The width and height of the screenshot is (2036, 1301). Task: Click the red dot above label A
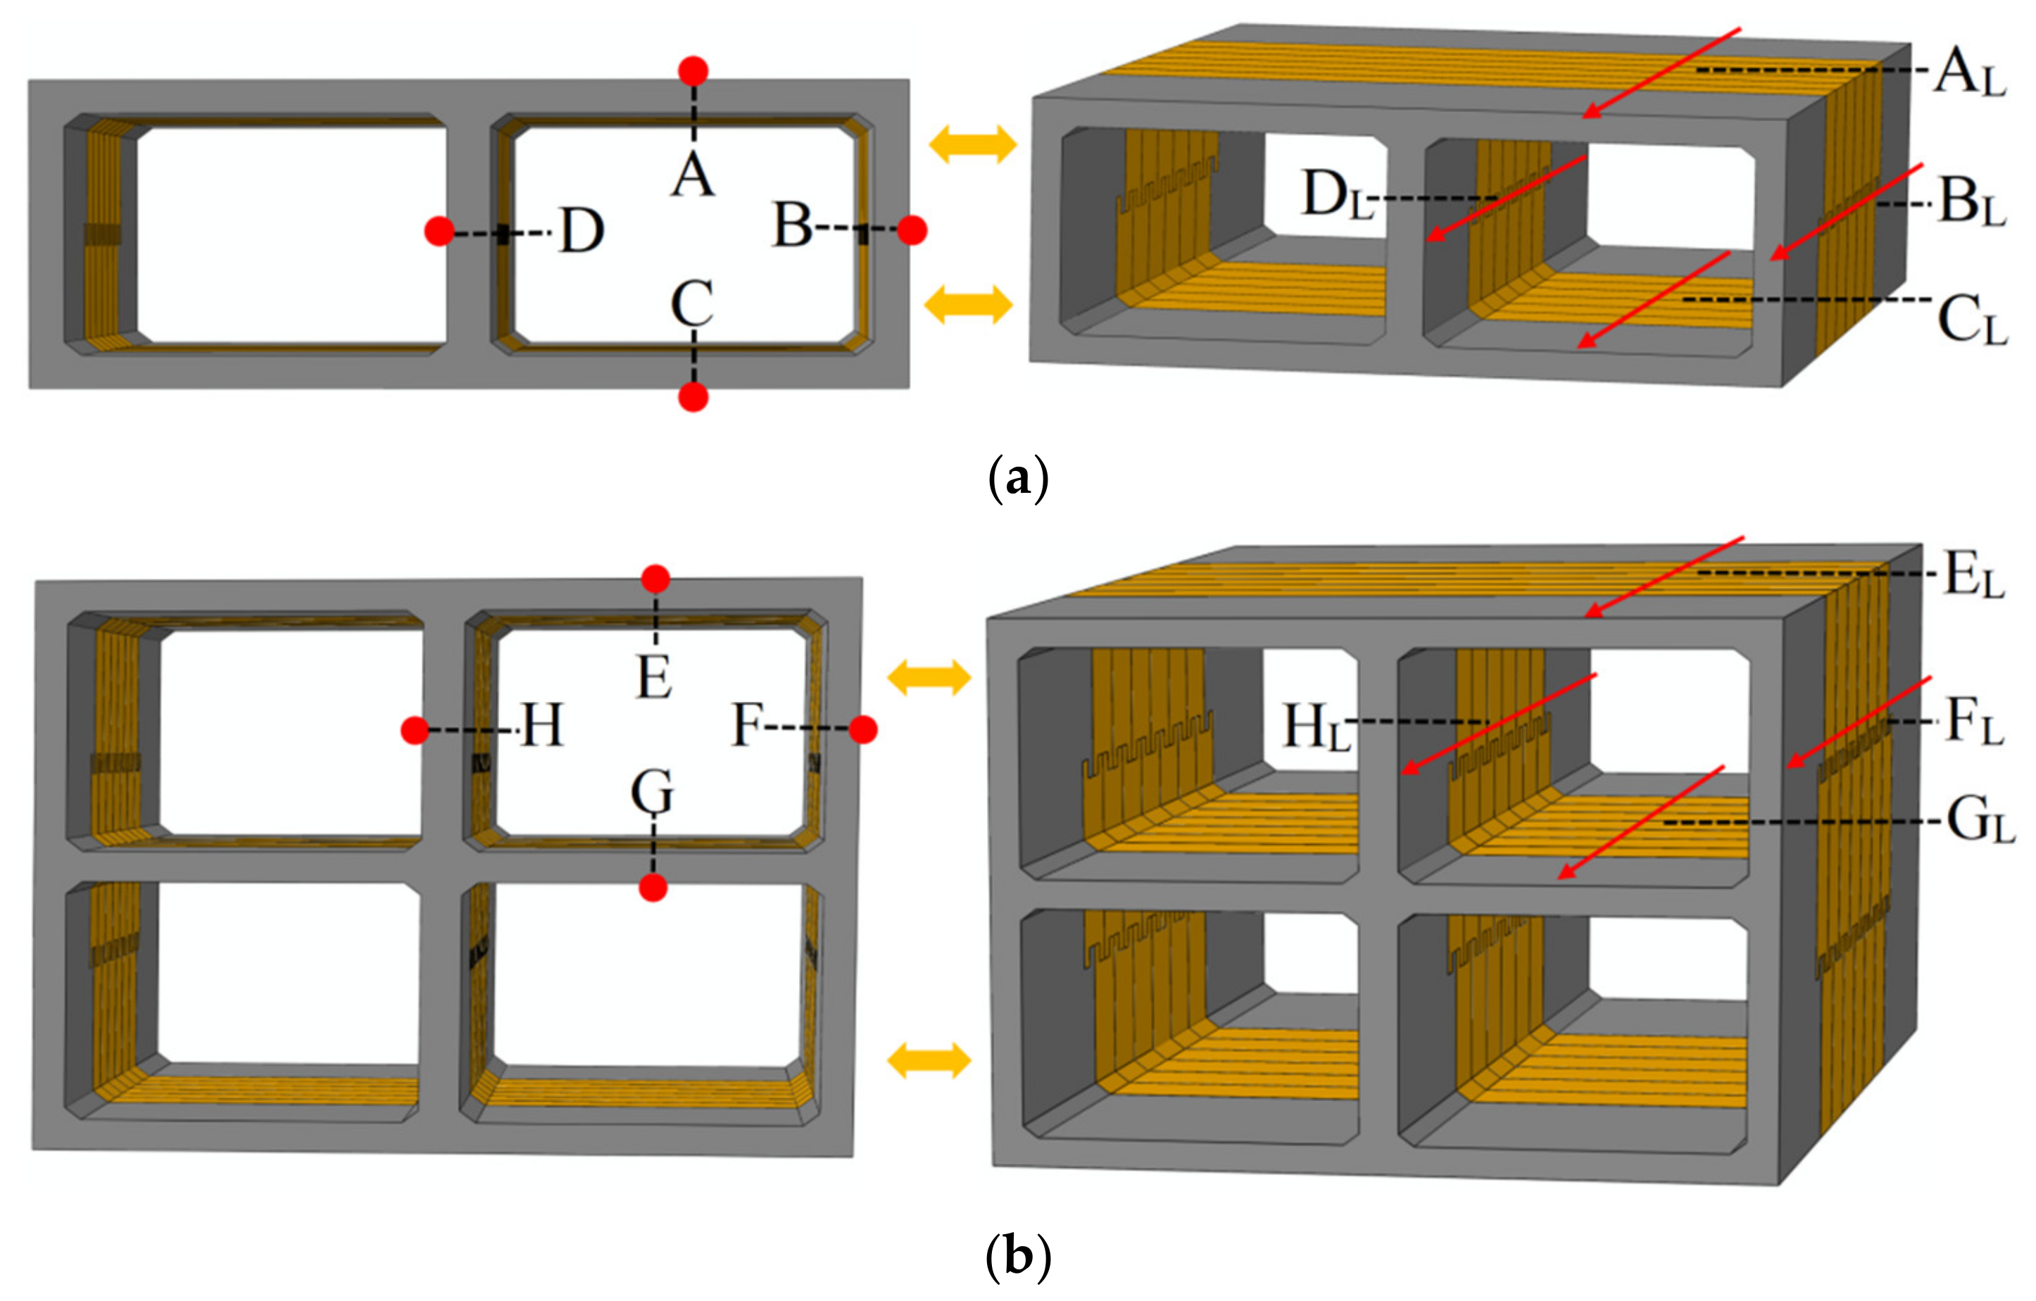pos(693,72)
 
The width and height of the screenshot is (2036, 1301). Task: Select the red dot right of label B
pos(912,230)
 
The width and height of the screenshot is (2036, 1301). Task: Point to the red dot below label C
pos(693,397)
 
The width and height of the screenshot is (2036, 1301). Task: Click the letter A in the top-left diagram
pos(693,176)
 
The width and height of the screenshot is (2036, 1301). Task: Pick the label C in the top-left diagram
pos(691,303)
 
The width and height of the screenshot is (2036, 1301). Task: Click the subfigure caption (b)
pos(1018,1256)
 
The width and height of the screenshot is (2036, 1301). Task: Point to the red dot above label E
pos(655,580)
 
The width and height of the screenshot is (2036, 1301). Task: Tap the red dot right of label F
pos(863,729)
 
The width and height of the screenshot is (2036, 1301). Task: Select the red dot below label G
pos(653,888)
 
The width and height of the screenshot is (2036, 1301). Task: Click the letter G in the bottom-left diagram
pos(652,792)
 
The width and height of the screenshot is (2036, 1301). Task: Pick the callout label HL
pos(1316,727)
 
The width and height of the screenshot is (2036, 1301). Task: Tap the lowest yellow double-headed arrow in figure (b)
pos(929,1060)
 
